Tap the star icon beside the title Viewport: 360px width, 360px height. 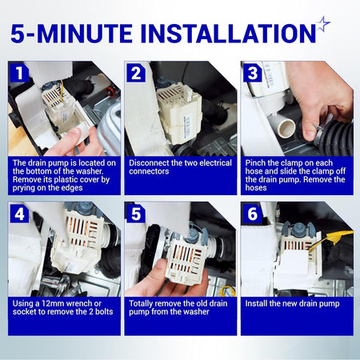(323, 23)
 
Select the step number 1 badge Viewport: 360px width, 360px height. (19, 73)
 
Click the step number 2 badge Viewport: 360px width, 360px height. (136, 73)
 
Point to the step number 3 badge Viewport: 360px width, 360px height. (252, 73)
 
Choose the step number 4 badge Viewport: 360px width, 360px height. (19, 213)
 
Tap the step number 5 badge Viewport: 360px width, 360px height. (136, 213)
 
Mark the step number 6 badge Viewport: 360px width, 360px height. (252, 213)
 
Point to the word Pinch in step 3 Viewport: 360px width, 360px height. (255, 163)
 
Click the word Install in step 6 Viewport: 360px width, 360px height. (256, 303)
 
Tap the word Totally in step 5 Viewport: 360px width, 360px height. (141, 303)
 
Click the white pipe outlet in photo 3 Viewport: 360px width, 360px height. (286, 127)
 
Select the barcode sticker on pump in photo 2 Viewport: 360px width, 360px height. (187, 125)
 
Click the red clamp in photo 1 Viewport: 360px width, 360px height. (109, 91)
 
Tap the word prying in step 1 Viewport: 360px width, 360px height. (23, 188)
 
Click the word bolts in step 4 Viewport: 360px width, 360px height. (104, 312)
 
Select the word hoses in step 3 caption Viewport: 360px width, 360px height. (256, 188)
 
